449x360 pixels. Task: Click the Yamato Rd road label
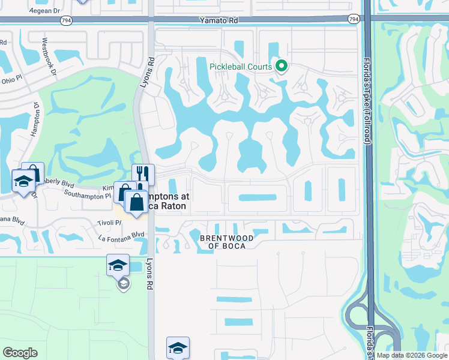219,20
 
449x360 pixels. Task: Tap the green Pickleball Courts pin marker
281,67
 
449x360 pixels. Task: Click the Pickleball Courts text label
241,67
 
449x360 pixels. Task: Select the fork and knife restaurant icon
143,175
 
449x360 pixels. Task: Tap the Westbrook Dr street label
49,58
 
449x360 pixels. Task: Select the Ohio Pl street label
11,80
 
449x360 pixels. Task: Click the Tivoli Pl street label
110,223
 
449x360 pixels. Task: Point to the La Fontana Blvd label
122,236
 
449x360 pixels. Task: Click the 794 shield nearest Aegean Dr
65,20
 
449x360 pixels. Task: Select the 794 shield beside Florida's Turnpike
354,19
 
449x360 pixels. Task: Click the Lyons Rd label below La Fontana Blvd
149,273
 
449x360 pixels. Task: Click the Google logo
20,353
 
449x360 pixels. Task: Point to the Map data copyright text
411,355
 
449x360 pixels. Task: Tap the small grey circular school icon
123,284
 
